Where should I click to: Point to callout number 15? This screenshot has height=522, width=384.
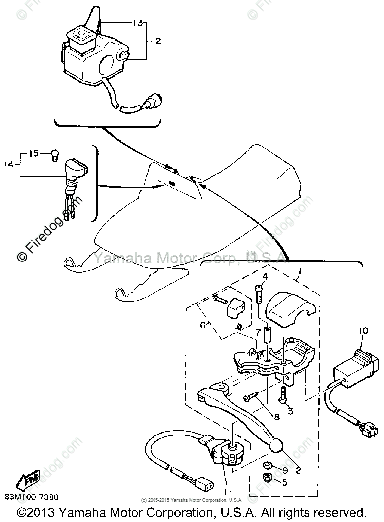[x=34, y=154]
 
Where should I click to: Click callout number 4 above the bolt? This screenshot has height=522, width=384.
[x=265, y=276]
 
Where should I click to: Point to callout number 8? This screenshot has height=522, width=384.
[x=276, y=417]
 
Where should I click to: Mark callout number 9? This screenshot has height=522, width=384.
[x=285, y=469]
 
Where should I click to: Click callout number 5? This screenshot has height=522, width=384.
[x=285, y=482]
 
